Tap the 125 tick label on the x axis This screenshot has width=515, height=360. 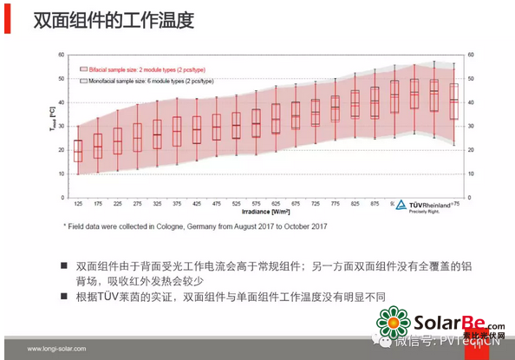(x=78, y=204)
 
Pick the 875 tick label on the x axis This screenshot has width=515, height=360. (x=375, y=204)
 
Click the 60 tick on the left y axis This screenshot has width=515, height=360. (x=62, y=55)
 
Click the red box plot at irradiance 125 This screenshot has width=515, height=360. (x=78, y=150)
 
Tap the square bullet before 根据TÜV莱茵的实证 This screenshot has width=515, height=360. (x=64, y=297)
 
